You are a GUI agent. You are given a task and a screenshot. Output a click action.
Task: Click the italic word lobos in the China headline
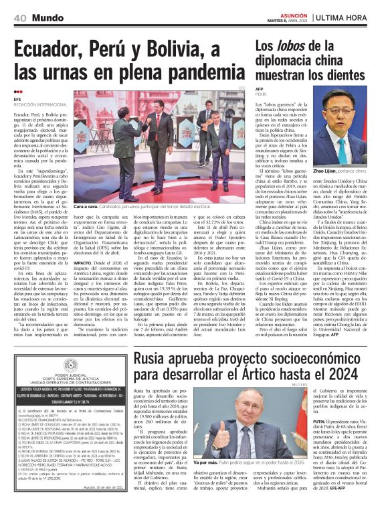[292, 47]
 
